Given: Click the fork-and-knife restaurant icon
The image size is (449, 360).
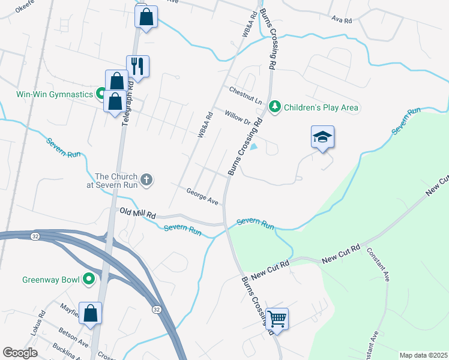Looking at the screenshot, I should [137, 66].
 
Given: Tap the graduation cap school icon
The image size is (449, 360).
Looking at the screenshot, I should [322, 137].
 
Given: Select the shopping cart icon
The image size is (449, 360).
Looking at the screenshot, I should [277, 319].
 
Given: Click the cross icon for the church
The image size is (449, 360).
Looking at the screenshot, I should [146, 179].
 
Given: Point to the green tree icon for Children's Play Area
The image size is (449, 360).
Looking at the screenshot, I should [275, 107].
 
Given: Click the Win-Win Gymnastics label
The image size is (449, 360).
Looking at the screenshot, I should [54, 94].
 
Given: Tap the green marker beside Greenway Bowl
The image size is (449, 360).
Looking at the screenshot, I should [89, 279].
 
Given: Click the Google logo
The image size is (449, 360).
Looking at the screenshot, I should [20, 353].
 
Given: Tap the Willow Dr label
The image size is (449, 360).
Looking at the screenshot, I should [237, 117].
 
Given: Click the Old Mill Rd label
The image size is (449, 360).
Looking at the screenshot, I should [137, 212].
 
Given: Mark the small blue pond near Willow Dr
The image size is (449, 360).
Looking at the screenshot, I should [255, 146].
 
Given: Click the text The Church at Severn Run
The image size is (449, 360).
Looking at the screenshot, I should [116, 180].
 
